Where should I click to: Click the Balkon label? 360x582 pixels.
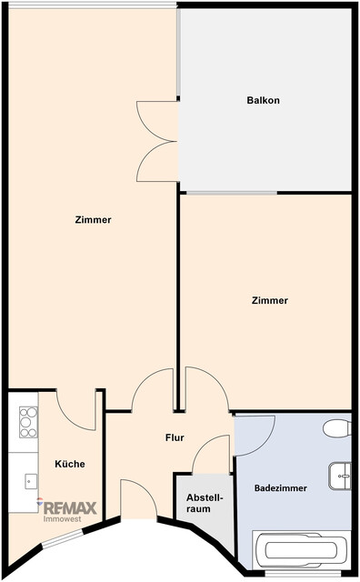tap(263, 100)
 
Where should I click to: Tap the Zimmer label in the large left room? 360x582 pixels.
tap(94, 219)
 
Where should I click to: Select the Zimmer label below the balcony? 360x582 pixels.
tap(270, 300)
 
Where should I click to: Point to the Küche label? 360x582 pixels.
tap(69, 464)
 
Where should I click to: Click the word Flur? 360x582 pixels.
tap(175, 437)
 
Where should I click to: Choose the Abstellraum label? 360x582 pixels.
tap(198, 503)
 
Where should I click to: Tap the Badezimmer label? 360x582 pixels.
tap(280, 488)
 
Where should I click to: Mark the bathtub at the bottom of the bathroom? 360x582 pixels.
tap(300, 549)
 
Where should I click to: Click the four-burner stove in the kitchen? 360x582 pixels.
tap(27, 422)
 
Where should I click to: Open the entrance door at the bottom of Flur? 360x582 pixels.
tap(138, 500)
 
